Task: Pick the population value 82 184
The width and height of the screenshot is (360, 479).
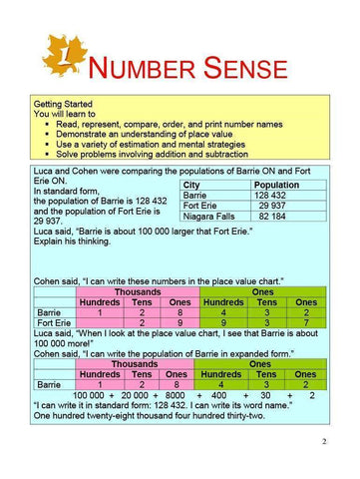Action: click(x=278, y=217)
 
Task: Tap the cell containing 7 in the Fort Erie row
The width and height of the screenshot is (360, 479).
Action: click(x=307, y=323)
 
